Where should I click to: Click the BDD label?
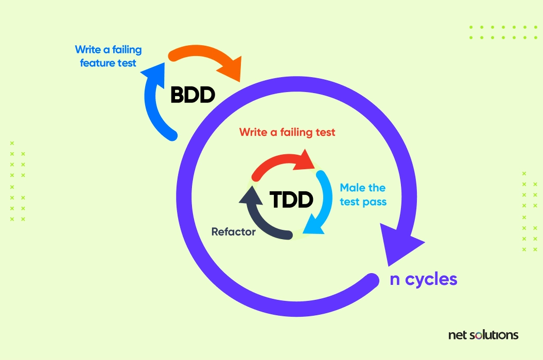pos(193,95)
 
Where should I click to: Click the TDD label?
pos(291,200)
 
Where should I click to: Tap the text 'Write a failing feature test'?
pos(109,56)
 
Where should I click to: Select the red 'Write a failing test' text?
pos(287,132)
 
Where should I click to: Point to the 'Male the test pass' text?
pos(363,194)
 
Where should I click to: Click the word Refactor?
pos(233,231)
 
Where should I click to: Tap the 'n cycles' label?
pos(424,279)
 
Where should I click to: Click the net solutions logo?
pos(483,335)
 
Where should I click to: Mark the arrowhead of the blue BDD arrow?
pos(154,72)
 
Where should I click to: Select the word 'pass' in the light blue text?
pos(374,202)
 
